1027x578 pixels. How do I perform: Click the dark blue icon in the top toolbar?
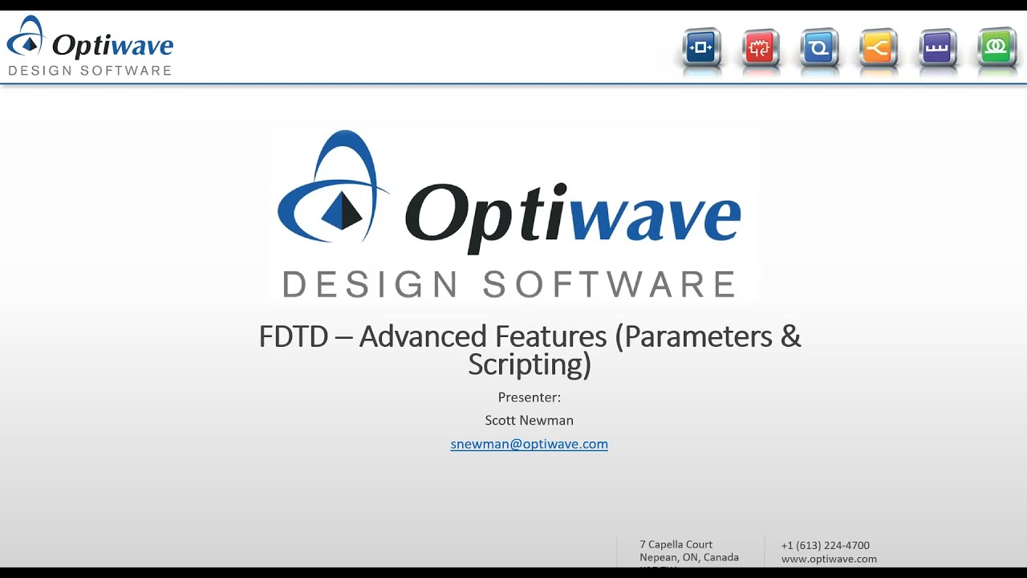coord(701,48)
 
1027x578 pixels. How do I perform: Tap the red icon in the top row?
coord(761,48)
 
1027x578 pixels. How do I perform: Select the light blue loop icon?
coord(819,48)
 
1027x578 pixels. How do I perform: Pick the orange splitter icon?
coord(878,48)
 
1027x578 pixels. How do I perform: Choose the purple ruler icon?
coord(937,48)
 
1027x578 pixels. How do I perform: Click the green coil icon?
coord(997,48)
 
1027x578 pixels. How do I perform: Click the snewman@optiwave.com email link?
coord(529,444)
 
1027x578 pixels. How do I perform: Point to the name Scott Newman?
coord(529,421)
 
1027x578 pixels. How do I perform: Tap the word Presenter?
coord(528,397)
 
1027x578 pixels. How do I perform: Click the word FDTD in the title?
coord(293,336)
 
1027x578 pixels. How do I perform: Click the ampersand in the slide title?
coord(790,336)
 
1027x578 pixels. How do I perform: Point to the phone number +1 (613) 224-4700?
coord(825,545)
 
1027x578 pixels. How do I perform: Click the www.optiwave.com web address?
coord(829,559)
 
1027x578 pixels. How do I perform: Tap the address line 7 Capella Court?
coord(676,544)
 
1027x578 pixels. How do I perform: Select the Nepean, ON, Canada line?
coord(688,557)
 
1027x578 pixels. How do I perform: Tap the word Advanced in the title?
coord(482,336)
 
